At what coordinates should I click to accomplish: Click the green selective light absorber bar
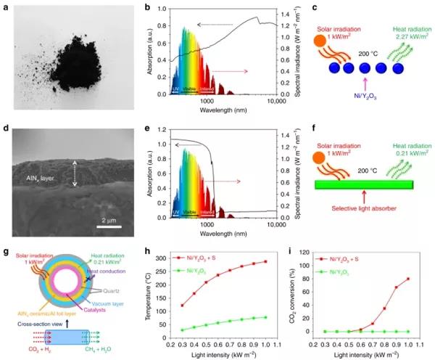coord(364,184)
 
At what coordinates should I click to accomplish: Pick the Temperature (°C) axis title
coord(150,290)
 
